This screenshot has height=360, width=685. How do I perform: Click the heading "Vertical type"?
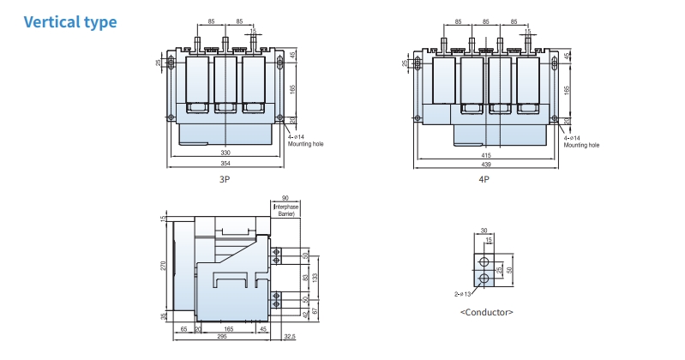(x=69, y=21)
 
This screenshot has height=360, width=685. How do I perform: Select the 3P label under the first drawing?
(x=225, y=180)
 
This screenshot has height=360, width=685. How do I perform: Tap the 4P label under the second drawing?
(x=484, y=180)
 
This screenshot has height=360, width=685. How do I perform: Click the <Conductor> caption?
(x=487, y=312)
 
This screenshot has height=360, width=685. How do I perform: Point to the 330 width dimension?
(x=225, y=152)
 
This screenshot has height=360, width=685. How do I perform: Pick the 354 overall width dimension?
(x=225, y=162)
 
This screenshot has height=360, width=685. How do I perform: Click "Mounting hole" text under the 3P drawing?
(x=304, y=144)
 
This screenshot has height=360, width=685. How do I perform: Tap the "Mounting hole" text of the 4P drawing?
(x=582, y=145)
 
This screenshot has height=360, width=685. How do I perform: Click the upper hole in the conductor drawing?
(x=484, y=262)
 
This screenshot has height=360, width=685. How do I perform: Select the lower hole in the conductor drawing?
(x=484, y=279)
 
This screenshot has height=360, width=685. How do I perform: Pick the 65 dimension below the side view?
(x=183, y=327)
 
